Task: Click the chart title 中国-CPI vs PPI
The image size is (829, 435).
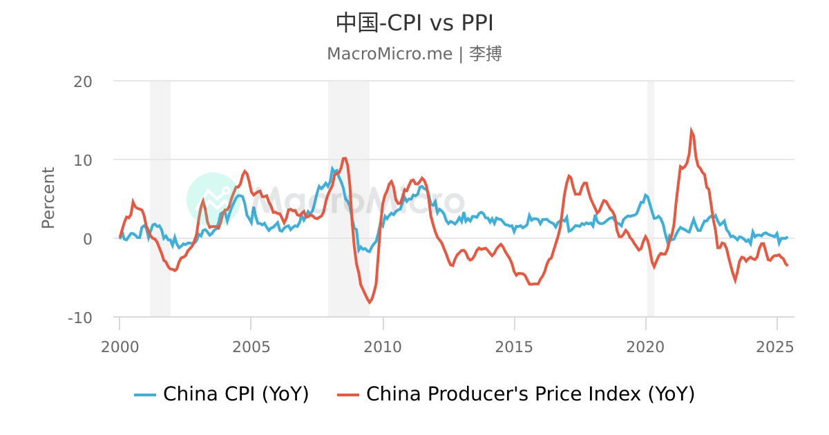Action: click(414, 23)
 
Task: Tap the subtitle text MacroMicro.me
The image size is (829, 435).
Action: click(389, 54)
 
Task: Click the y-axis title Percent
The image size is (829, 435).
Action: click(48, 198)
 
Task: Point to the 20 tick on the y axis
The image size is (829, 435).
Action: click(83, 81)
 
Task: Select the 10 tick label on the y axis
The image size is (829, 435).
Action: click(83, 160)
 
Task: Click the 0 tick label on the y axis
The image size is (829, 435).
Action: click(87, 239)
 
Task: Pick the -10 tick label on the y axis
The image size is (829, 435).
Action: click(80, 318)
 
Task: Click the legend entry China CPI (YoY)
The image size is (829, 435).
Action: click(222, 394)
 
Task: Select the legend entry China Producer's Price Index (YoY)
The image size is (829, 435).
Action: click(515, 394)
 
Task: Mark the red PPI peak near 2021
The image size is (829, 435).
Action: click(691, 130)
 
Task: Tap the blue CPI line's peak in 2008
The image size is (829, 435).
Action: click(332, 168)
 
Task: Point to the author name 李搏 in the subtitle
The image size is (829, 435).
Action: click(486, 54)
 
